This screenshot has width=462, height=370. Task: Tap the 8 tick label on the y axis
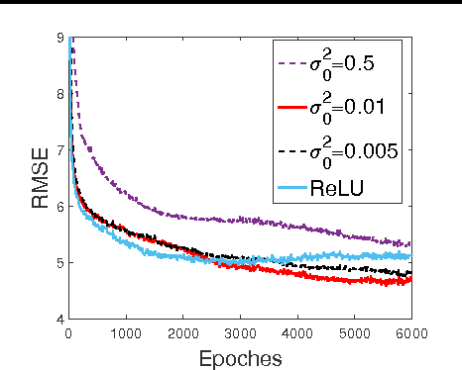point(59,95)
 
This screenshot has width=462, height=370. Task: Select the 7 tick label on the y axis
point(59,151)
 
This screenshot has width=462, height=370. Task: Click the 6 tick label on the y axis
point(59,207)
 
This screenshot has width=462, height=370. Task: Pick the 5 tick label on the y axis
point(59,263)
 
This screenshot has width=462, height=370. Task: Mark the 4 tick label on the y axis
point(59,319)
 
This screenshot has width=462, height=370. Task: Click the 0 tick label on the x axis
point(68,333)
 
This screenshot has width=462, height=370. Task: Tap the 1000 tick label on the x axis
point(125,333)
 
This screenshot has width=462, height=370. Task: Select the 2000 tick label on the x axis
point(182,333)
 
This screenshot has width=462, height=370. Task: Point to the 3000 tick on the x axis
point(239,333)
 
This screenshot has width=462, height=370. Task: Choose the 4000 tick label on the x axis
point(296,333)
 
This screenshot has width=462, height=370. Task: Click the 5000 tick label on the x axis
point(353,333)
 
